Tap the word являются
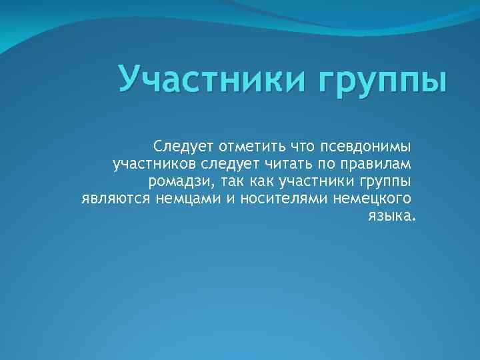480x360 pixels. click(117, 199)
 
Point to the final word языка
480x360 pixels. click(390, 217)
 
